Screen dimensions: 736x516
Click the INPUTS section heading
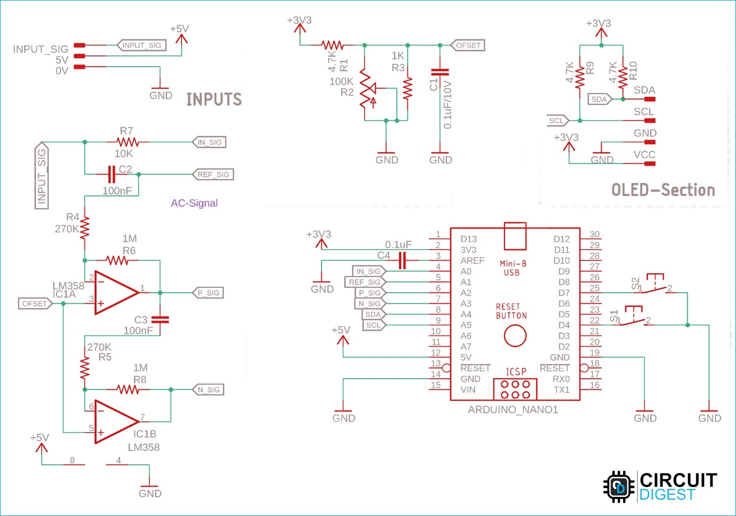[x=214, y=99]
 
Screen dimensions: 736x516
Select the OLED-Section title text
[x=663, y=190]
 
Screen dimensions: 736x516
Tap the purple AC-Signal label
[x=194, y=203]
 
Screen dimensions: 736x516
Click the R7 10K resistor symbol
[x=128, y=142]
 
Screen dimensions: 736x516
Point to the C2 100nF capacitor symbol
[x=112, y=174]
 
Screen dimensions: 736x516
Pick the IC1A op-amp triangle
[x=117, y=292]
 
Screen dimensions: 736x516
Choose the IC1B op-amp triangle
[x=117, y=421]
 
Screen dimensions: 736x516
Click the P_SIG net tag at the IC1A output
[x=209, y=293]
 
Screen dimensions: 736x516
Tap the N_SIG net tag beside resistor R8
[x=209, y=389]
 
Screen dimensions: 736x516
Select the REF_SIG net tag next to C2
[x=213, y=175]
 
